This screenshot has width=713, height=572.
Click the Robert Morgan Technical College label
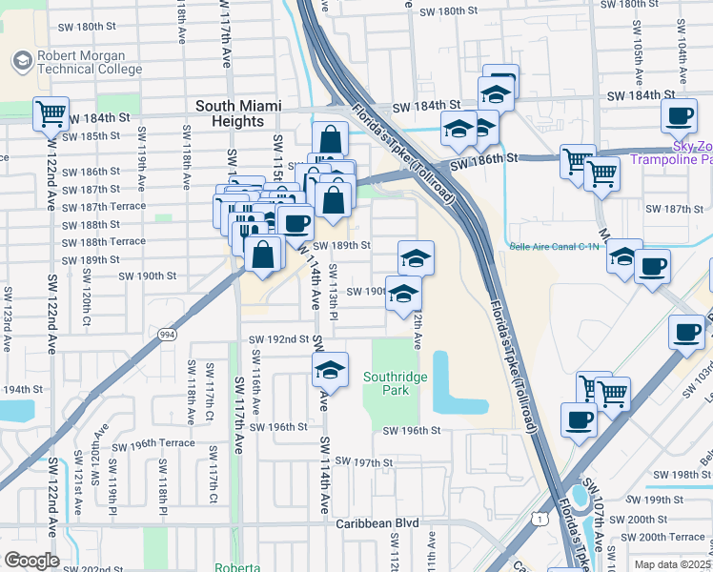(x=89, y=63)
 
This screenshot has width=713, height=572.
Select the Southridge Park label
(x=398, y=383)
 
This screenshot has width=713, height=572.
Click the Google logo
(x=31, y=561)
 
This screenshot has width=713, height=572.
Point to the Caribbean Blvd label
(x=377, y=523)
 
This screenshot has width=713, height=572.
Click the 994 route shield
(x=168, y=333)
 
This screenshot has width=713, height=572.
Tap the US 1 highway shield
(x=540, y=518)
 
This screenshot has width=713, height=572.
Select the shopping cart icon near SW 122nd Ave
(x=50, y=113)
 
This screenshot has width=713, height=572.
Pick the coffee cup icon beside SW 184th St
(x=679, y=116)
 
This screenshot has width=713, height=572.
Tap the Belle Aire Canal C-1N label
(x=557, y=246)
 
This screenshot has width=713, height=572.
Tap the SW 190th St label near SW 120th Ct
(x=147, y=276)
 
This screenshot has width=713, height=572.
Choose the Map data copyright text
(x=671, y=564)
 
